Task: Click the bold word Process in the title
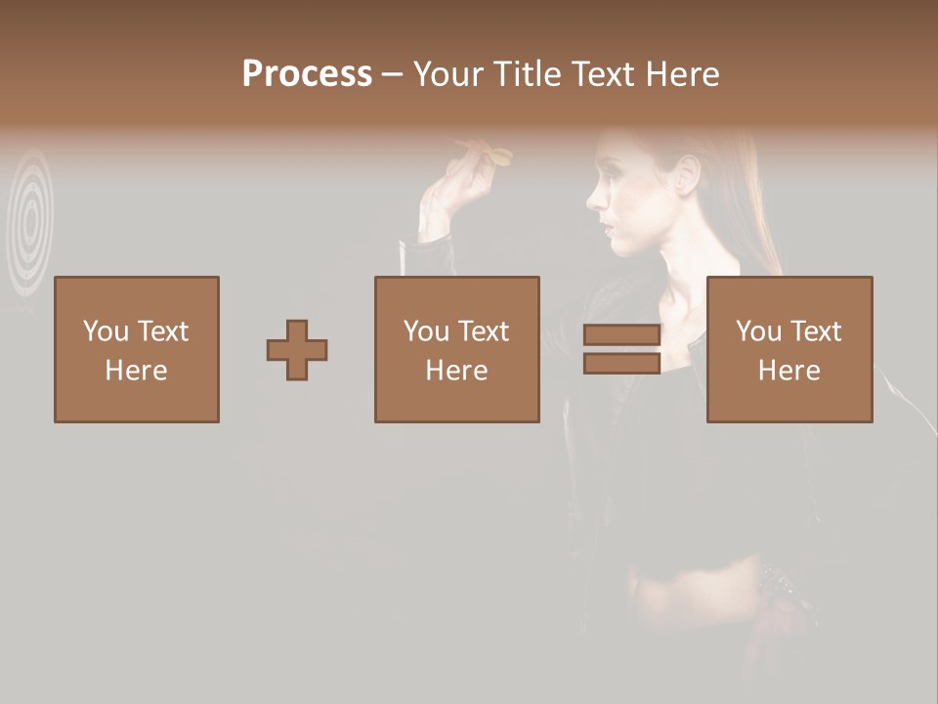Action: point(307,74)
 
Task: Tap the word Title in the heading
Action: point(528,74)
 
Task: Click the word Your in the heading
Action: point(447,74)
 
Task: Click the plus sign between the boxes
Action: point(297,350)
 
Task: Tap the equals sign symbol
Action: point(621,349)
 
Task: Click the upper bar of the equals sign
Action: point(621,335)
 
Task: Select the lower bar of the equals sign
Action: point(621,363)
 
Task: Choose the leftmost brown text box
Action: point(137,349)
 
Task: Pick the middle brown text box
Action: point(456,349)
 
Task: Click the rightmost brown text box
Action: point(789,349)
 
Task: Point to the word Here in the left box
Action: point(136,371)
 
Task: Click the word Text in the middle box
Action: point(483,331)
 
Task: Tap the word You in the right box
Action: point(758,331)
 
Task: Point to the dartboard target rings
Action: point(31,220)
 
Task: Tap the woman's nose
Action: point(593,199)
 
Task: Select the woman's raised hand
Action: point(449,191)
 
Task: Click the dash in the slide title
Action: point(393,75)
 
